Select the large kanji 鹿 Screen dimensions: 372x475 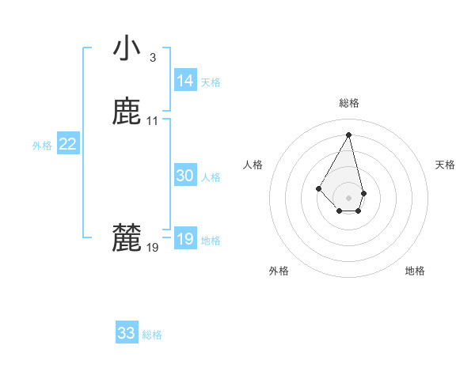click(x=127, y=112)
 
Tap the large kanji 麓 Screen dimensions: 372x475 click(x=127, y=238)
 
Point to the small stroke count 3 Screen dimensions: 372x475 click(x=153, y=57)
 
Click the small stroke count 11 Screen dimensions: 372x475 click(x=153, y=121)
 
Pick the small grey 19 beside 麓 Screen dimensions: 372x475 click(x=153, y=248)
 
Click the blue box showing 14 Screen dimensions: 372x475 click(x=185, y=81)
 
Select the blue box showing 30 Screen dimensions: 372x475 click(x=185, y=176)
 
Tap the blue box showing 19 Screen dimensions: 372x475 click(x=185, y=239)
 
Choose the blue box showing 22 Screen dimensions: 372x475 click(x=68, y=144)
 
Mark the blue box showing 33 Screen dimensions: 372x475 click(x=127, y=333)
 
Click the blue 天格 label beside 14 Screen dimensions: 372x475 click(x=211, y=82)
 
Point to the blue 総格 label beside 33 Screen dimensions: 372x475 click(x=152, y=335)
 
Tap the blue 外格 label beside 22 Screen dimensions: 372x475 click(x=42, y=146)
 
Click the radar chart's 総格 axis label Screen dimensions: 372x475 click(x=348, y=103)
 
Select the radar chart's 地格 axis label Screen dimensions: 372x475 click(x=415, y=271)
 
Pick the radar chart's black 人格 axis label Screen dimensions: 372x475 click(x=253, y=165)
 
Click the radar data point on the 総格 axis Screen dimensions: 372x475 click(x=348, y=134)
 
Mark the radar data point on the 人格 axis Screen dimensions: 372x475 click(x=318, y=188)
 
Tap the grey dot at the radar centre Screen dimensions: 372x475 click(x=348, y=197)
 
